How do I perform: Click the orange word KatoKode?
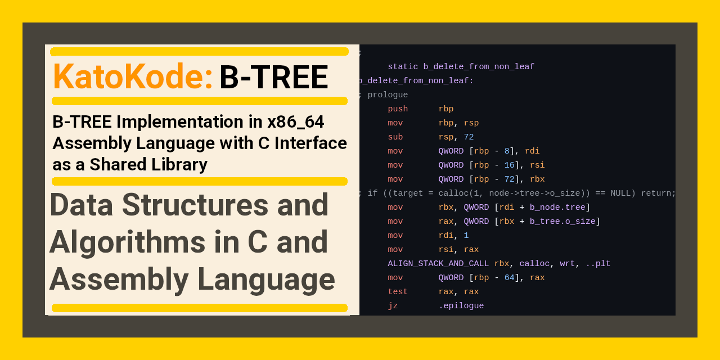pos(133,76)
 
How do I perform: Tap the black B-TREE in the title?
pos(273,77)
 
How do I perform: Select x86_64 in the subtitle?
pos(296,121)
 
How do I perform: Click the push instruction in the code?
pos(398,109)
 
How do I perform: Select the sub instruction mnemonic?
pos(395,137)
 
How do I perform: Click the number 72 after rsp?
pos(469,137)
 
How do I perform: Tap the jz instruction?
pos(393,306)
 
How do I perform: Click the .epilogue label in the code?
pos(461,306)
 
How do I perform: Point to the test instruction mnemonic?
pos(398,292)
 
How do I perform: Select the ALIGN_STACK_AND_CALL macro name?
pos(438,264)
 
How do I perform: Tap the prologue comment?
pos(388,95)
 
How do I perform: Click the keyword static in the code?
pos(403,67)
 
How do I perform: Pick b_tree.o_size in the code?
pos(562,222)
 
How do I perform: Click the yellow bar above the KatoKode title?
pos(199,52)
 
